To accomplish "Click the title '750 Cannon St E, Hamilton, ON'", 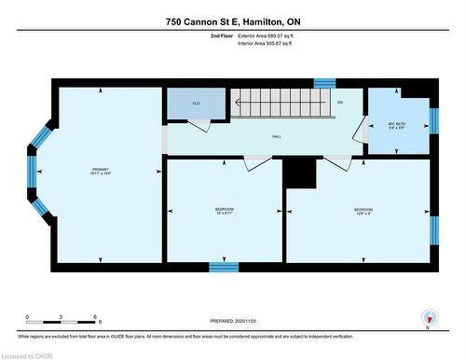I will (232, 21).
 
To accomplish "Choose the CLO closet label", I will (196, 104).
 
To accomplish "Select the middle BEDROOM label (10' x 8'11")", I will (224, 211).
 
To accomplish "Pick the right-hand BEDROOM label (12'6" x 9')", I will (361, 211).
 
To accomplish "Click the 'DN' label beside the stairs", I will (340, 102).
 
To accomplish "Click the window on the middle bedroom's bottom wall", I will (224, 267).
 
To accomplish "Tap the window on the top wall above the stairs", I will (324, 83).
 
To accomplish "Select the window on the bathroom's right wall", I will (433, 121).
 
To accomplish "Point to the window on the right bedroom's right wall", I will (433, 228).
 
